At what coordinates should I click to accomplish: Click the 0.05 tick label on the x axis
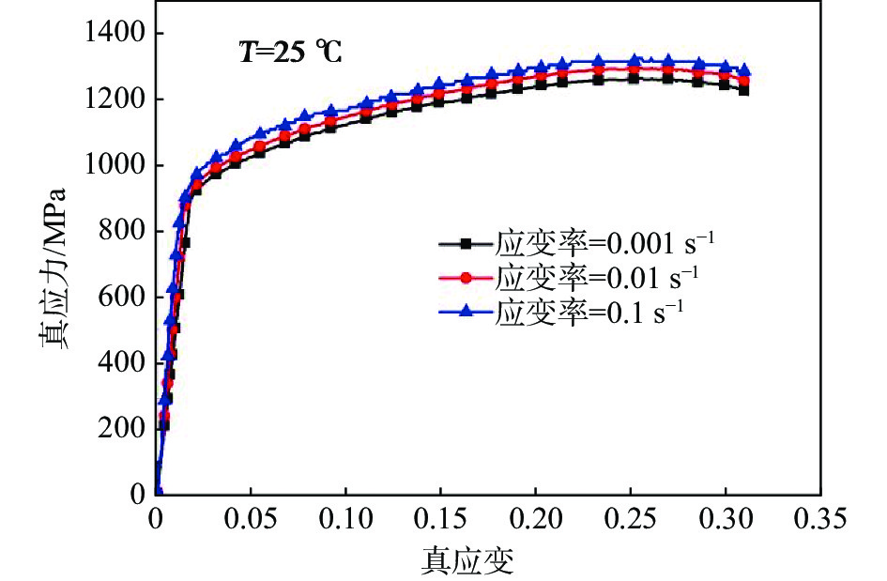(x=252, y=519)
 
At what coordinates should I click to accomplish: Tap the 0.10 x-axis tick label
(x=346, y=519)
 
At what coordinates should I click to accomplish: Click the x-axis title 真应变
(x=466, y=560)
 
